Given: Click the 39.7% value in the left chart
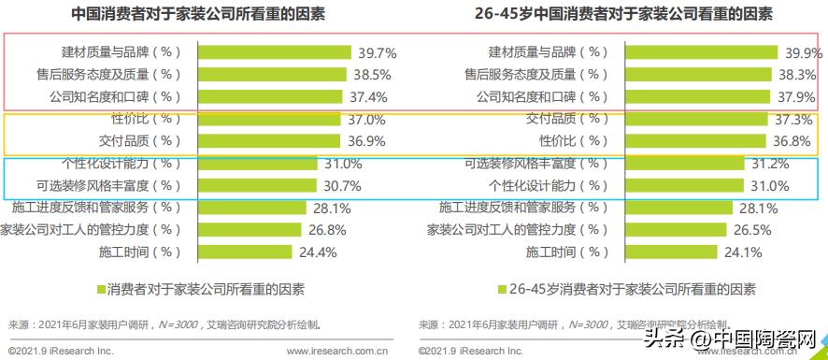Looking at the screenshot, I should (x=372, y=52).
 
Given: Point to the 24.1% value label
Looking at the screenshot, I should (x=739, y=252).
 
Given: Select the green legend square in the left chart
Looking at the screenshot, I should (x=100, y=288).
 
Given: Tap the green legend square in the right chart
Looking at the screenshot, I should (x=501, y=288).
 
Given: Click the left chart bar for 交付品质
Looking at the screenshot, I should (x=268, y=141).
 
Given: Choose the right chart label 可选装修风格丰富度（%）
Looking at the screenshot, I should (x=536, y=164).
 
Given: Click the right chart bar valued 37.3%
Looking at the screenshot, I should (x=692, y=119).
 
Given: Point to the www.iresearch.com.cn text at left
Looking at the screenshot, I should (x=337, y=352).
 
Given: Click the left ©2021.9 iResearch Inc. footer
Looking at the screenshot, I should (x=61, y=352).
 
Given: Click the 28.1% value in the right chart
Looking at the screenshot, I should (x=758, y=208).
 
